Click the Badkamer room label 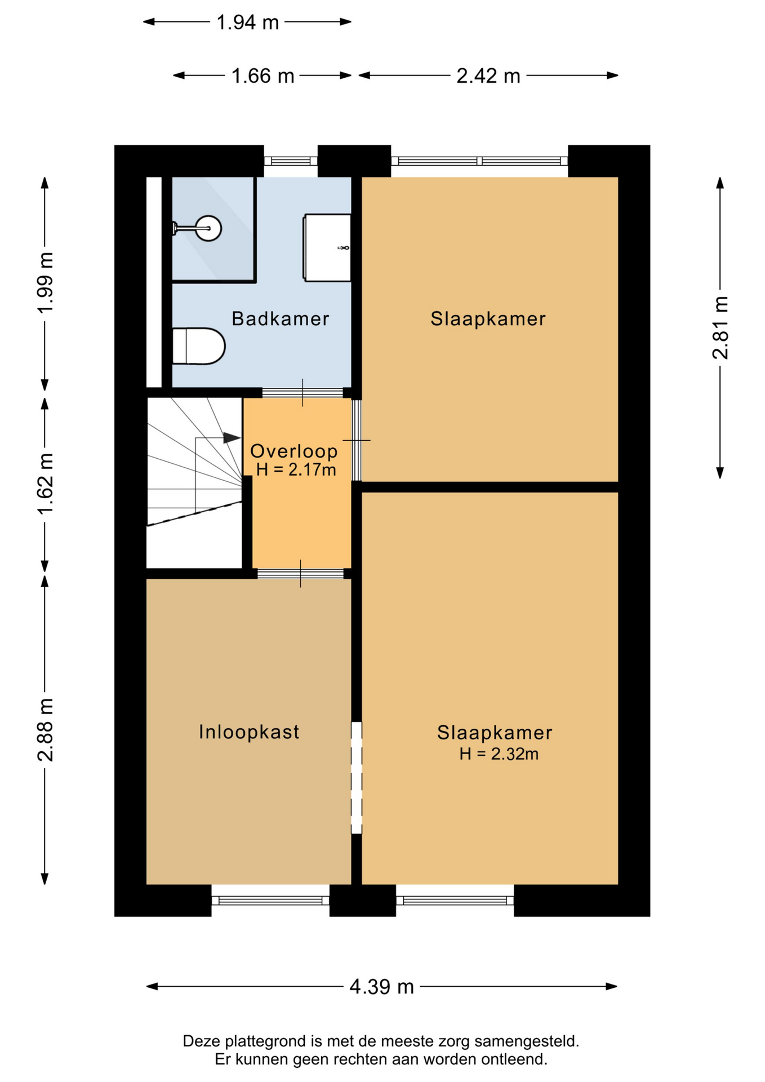[x=280, y=319]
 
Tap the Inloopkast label [x=249, y=732]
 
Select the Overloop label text [x=293, y=451]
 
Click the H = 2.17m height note [x=296, y=469]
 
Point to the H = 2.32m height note [x=499, y=753]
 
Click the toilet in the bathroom [x=199, y=346]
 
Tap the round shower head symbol [x=208, y=228]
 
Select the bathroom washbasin [x=327, y=247]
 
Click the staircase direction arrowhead [x=232, y=437]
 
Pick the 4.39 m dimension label [x=381, y=987]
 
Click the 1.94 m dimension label [x=247, y=22]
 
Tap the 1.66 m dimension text [x=263, y=76]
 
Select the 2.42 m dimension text [x=488, y=76]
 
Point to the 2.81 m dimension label [x=720, y=327]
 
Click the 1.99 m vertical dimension [x=45, y=282]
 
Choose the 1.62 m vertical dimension [x=45, y=484]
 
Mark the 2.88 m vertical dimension [x=45, y=730]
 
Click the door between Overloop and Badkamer [x=303, y=393]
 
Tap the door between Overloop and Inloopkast [x=300, y=574]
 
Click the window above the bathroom [x=291, y=161]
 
